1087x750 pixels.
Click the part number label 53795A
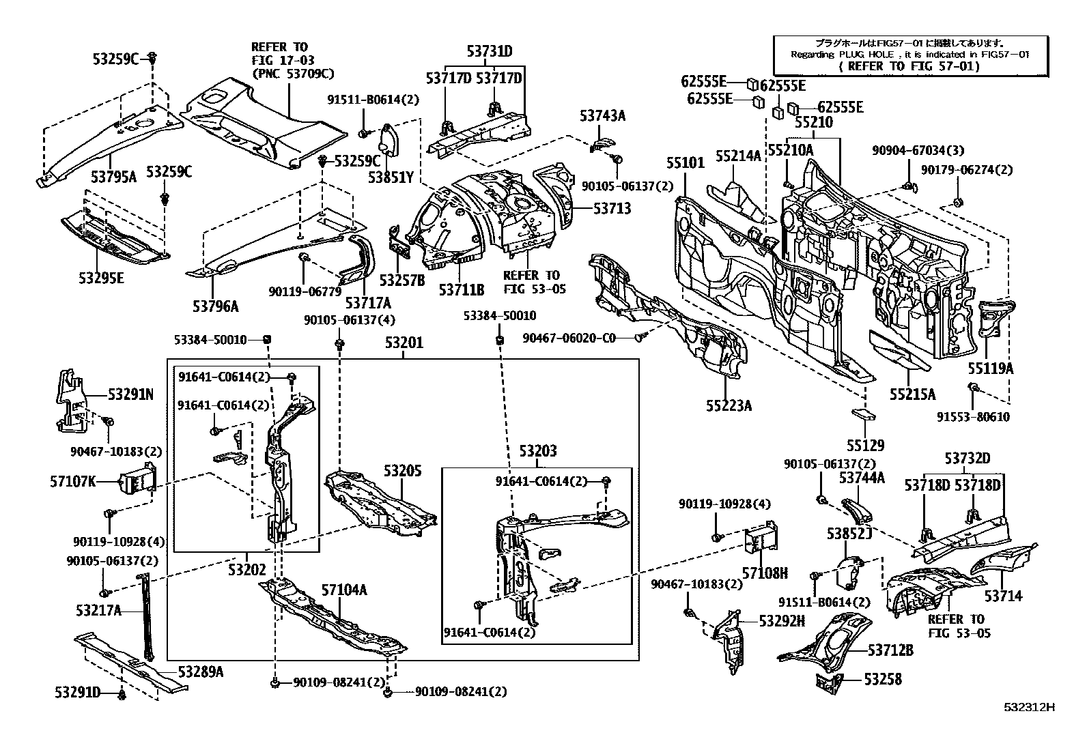point(114,177)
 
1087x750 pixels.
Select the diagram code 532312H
point(1029,707)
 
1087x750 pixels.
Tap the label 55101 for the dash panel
point(686,163)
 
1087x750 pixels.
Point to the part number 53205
point(403,471)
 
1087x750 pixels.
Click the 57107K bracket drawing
point(139,480)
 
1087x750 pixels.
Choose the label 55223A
point(729,405)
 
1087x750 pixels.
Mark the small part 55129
point(864,415)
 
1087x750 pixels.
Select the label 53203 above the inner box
point(537,450)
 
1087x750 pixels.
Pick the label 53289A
point(201,672)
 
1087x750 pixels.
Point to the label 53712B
point(890,650)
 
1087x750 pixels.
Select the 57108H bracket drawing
point(761,543)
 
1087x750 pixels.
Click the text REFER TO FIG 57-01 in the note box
point(909,66)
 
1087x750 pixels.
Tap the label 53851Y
point(391,177)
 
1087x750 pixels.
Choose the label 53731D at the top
point(490,51)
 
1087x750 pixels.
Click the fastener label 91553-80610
point(973,417)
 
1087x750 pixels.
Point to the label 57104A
point(344,590)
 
